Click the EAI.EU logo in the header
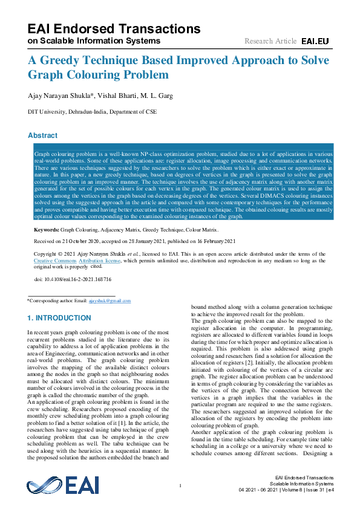315,41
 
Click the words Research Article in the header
270,41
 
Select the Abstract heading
42,135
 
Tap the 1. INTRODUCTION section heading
59,318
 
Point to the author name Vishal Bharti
121,95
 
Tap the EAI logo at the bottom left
62,485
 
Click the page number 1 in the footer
180,486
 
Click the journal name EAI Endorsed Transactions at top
114,29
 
